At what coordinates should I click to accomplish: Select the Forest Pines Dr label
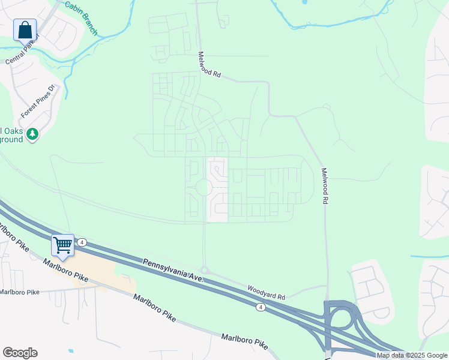(x=38, y=101)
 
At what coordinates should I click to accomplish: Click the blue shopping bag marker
(x=25, y=29)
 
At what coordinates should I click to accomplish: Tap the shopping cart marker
(x=62, y=245)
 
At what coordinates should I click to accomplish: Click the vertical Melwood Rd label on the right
(x=325, y=186)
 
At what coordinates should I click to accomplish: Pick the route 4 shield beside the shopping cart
(x=82, y=242)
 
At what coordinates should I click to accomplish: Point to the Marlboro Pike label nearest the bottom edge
(x=245, y=342)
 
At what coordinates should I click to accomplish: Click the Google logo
(x=20, y=353)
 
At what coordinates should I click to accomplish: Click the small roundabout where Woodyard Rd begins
(x=204, y=271)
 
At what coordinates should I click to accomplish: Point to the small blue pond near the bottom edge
(x=71, y=350)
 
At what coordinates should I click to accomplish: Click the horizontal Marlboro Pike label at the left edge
(x=19, y=292)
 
